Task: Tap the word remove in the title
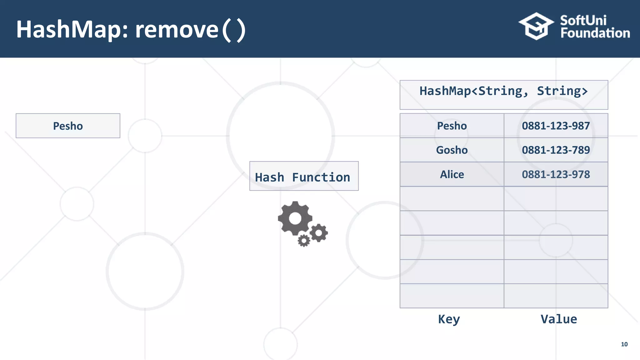(x=177, y=30)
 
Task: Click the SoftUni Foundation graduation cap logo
(x=536, y=26)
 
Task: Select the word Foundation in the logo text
(x=595, y=33)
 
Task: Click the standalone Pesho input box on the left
(x=68, y=126)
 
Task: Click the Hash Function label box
(x=304, y=176)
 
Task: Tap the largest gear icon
(x=295, y=218)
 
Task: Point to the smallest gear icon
(x=304, y=241)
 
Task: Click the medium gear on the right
(x=319, y=233)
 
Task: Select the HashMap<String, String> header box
(x=504, y=95)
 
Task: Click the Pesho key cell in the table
(x=452, y=126)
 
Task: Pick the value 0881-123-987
(x=556, y=126)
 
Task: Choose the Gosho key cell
(x=452, y=150)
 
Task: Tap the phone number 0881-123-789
(x=556, y=150)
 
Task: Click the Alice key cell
(x=452, y=174)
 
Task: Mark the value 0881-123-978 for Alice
(x=556, y=174)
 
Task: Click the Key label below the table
(x=449, y=319)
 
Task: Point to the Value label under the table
(x=559, y=319)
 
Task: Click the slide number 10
(x=624, y=344)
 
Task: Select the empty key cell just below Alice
(x=452, y=199)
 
